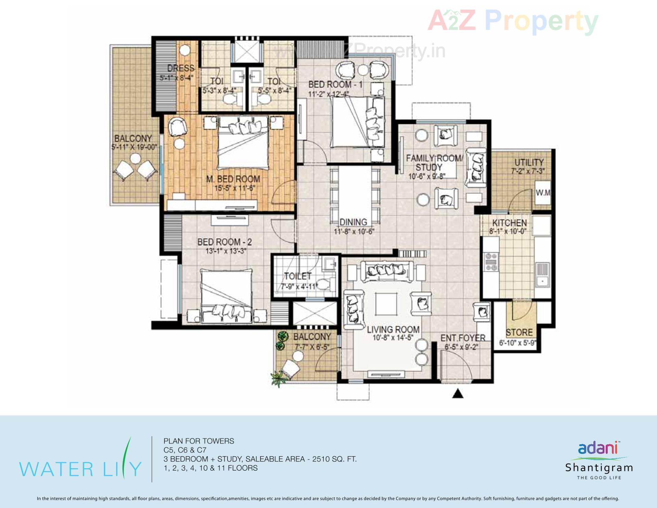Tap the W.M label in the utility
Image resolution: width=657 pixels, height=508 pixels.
click(x=542, y=193)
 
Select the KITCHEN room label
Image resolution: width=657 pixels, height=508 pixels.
click(x=510, y=223)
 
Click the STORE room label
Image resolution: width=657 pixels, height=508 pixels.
click(x=519, y=332)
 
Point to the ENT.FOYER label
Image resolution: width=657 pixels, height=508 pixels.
click(x=463, y=338)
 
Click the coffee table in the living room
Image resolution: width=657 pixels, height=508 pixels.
click(x=386, y=304)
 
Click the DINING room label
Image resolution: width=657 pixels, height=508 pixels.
click(x=353, y=222)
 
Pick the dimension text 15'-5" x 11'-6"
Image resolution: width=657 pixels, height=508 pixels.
click(x=235, y=188)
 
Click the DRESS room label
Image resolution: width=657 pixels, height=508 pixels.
click(x=181, y=68)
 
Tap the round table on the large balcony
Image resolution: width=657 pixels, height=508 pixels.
click(x=136, y=159)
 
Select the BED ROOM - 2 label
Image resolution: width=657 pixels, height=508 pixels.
click(x=224, y=242)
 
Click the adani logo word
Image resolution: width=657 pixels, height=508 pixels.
click(x=598, y=448)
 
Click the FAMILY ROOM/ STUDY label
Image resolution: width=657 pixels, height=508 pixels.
click(x=434, y=163)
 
